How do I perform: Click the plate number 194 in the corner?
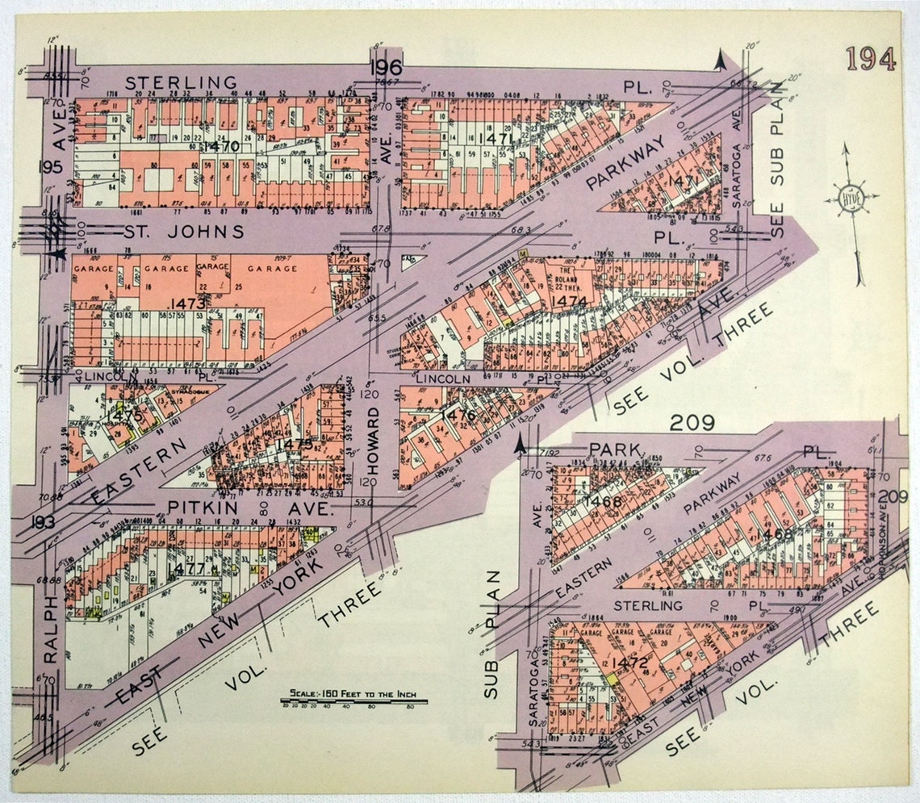[x=871, y=60]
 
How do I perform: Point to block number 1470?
[x=221, y=147]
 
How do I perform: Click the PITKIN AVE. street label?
[x=250, y=508]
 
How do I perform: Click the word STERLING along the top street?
[x=182, y=82]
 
